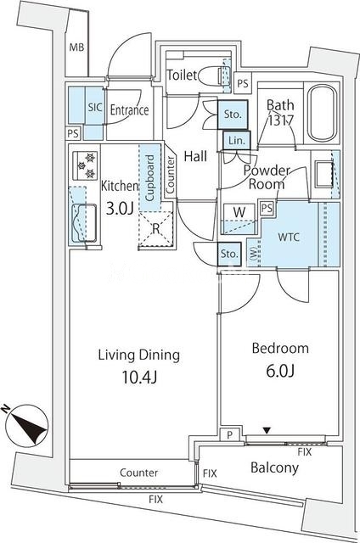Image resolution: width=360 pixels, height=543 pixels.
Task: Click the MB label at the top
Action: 76,48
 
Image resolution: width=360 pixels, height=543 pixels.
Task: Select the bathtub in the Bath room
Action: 322,113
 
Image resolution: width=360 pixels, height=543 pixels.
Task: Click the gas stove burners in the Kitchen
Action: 85,165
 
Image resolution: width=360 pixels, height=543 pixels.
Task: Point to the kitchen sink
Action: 85,222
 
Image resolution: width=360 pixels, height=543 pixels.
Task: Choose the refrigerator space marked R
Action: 156,229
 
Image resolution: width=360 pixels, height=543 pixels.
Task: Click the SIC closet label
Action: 94,108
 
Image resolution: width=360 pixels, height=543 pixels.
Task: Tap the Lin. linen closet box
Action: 237,141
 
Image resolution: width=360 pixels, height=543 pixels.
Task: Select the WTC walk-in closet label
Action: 289,238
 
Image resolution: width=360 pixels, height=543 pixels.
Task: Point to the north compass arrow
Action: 27,425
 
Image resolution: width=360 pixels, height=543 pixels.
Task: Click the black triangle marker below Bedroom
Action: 267,430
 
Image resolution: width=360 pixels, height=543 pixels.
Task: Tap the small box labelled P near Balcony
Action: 229,435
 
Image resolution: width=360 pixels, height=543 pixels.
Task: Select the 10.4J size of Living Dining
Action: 139,377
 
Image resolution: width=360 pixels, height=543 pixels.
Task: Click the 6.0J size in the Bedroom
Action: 280,371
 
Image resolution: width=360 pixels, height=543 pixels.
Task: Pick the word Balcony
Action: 274,467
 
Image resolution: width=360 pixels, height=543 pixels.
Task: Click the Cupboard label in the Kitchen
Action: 149,178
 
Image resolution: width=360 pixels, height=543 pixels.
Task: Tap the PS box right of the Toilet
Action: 243,83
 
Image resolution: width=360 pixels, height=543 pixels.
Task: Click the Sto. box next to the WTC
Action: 229,254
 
